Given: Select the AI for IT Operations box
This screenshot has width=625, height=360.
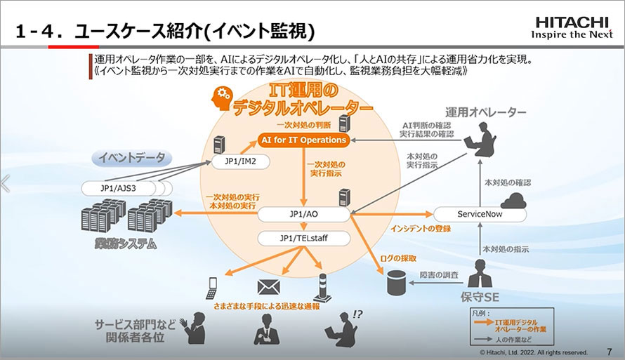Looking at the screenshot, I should point(303,140).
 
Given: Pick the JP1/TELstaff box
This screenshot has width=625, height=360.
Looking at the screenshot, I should point(303,239).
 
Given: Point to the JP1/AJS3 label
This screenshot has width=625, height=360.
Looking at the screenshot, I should point(117,188).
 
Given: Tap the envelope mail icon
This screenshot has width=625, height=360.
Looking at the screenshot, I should point(268,287).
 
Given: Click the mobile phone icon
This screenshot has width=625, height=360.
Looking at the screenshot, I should point(211,287).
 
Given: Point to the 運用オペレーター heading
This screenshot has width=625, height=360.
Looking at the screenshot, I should point(485,112).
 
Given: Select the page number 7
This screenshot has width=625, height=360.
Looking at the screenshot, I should point(607,352).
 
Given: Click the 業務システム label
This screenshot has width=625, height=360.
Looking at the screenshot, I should point(126,245).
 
